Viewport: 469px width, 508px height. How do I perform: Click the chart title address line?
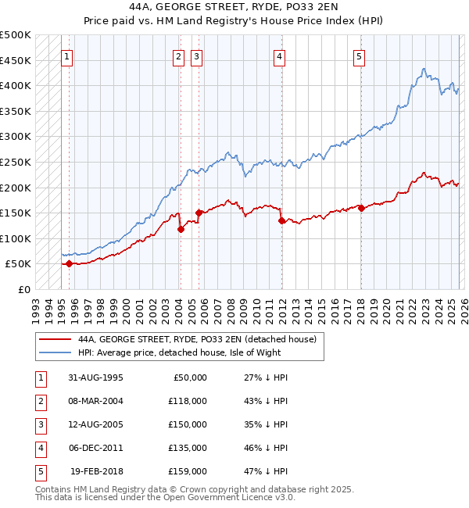point(234,6)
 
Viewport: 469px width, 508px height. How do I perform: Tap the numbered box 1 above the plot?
point(67,56)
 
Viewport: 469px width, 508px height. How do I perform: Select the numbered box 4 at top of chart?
point(279,56)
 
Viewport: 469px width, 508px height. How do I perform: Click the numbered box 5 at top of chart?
point(359,56)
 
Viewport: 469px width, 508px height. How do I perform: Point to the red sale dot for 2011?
point(281,221)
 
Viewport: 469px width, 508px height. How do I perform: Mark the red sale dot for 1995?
point(70,264)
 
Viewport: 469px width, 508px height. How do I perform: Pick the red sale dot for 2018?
point(361,208)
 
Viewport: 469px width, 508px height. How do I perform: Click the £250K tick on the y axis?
point(16,162)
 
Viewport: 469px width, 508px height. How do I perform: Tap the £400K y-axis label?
point(16,85)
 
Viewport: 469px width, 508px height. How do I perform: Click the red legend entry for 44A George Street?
point(196,339)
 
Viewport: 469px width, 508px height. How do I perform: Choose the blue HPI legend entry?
point(179,353)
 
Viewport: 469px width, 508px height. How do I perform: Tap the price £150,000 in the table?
point(188,424)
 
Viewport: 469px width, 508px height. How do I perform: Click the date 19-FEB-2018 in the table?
point(95,471)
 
